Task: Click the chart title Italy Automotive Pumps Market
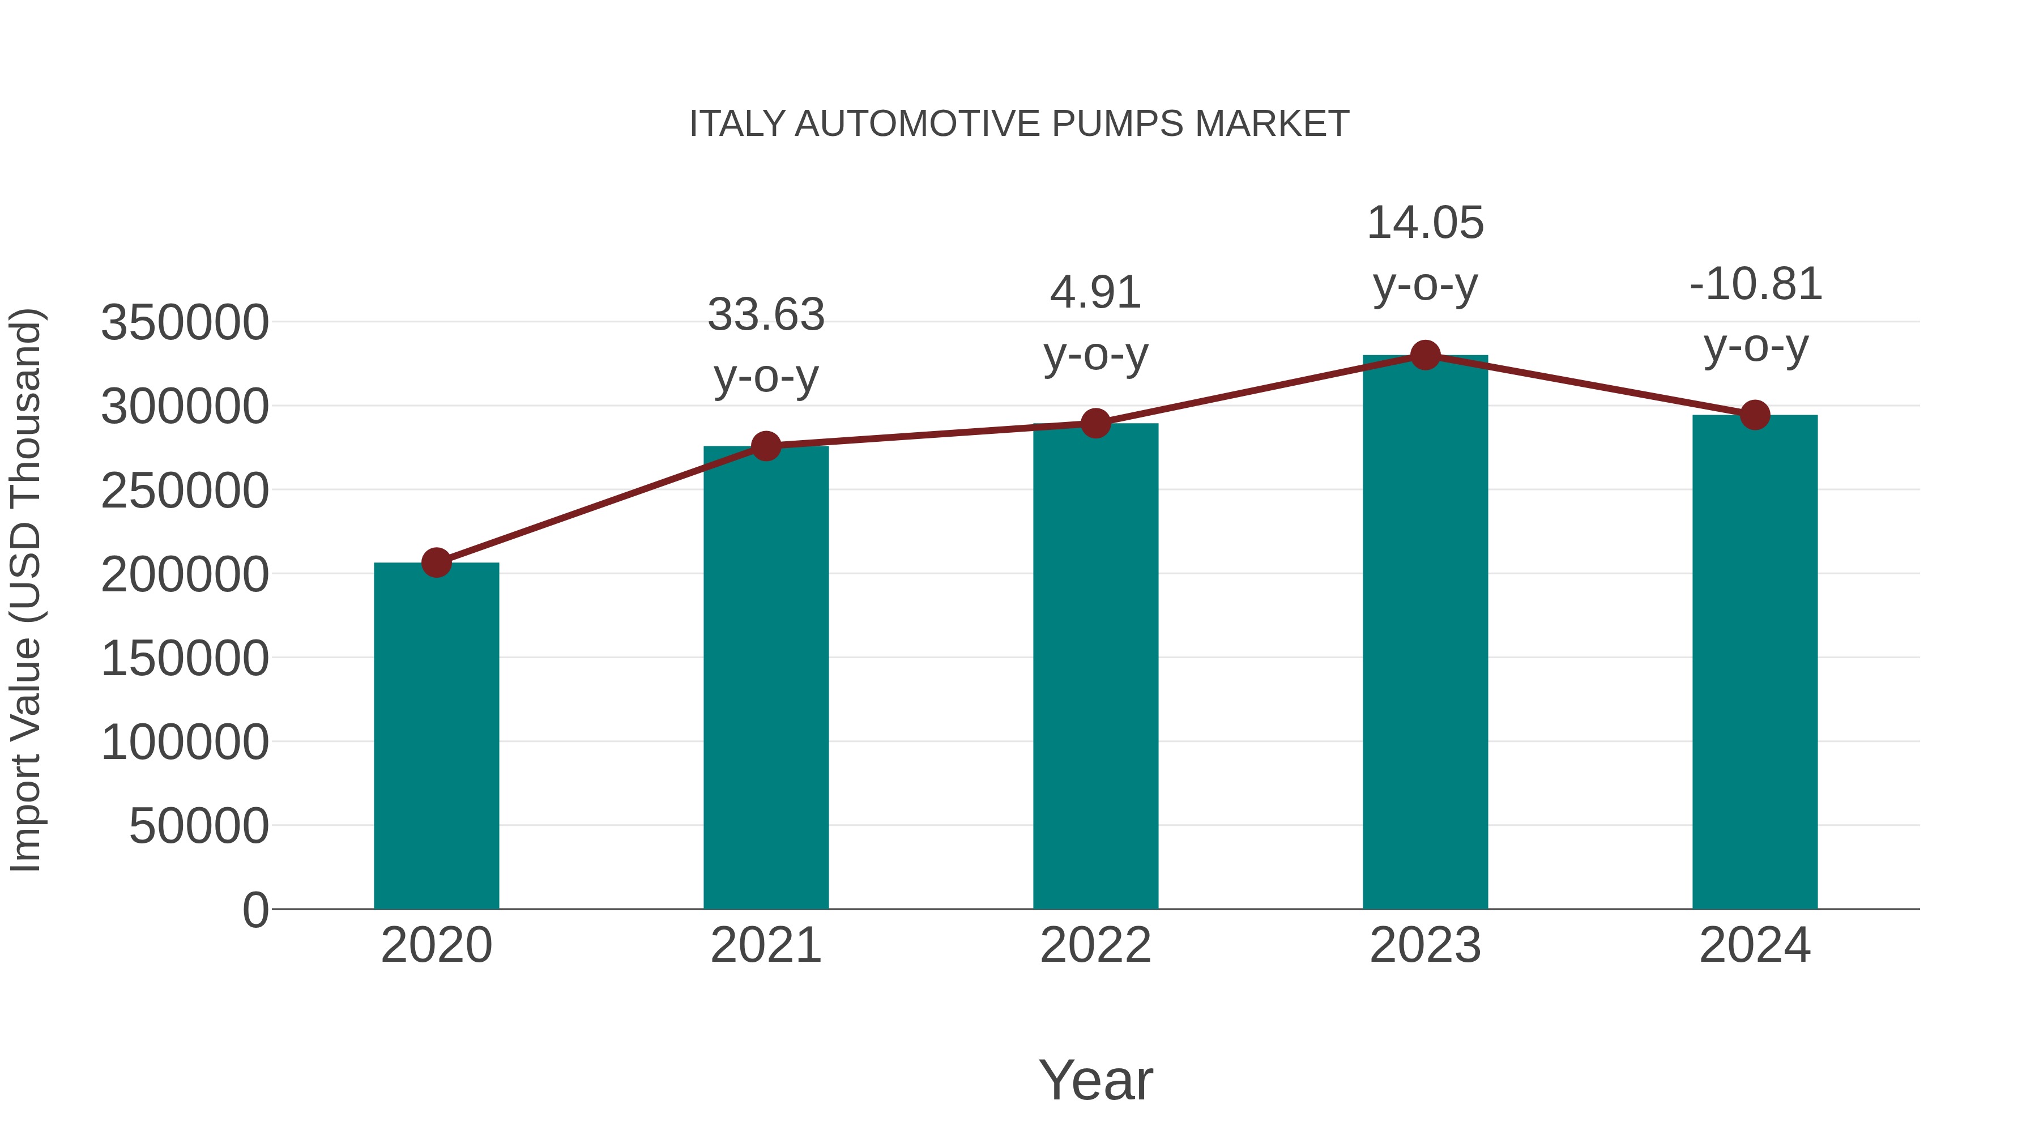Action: [x=1019, y=124]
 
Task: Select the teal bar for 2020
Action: [x=436, y=736]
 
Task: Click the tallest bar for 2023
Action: [x=1425, y=633]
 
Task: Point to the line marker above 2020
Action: [x=436, y=563]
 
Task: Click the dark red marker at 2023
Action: [x=1425, y=355]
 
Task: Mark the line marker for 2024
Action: [x=1755, y=415]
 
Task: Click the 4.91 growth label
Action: [x=1095, y=293]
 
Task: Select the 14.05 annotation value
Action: [x=1425, y=223]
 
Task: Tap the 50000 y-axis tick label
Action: [x=199, y=826]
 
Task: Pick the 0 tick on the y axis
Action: [x=255, y=910]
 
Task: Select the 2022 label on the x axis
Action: [x=1095, y=945]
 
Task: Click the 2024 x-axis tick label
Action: [x=1755, y=945]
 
